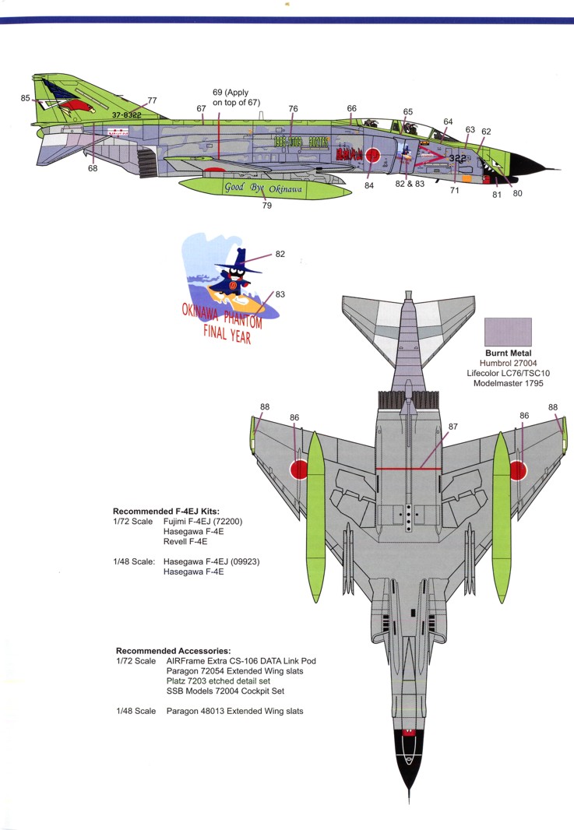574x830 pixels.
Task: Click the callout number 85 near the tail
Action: pos(26,98)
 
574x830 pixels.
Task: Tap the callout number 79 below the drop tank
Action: pos(267,206)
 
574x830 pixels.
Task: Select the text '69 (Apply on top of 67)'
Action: pos(237,97)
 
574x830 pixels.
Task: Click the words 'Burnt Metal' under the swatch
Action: pos(508,353)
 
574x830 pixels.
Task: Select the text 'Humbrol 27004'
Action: pos(508,364)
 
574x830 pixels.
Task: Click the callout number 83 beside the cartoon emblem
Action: pos(280,293)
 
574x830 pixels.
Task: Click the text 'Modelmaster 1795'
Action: pos(508,384)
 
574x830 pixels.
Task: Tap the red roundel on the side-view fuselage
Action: pos(373,155)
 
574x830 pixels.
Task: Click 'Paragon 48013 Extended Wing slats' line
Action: pos(234,711)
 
